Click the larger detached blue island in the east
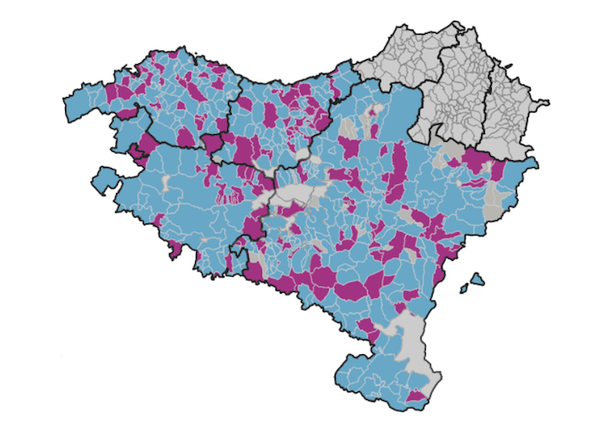[x=476, y=281]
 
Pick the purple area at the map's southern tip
[x=417, y=397]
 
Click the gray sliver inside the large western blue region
[x=166, y=184]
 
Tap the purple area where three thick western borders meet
[x=212, y=143]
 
